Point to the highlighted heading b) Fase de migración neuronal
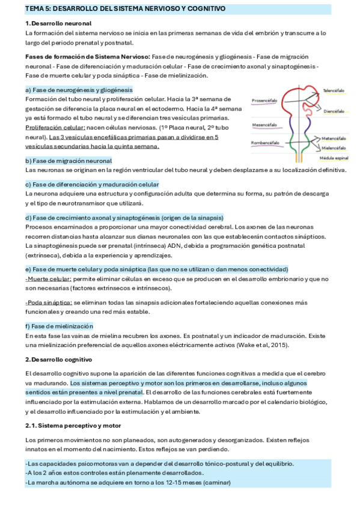[69, 161]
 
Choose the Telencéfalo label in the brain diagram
[334, 91]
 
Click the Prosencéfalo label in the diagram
[264, 100]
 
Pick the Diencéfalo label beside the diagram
[334, 111]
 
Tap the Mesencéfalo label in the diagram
[264, 124]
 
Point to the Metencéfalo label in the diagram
[334, 138]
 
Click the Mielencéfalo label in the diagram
[334, 147]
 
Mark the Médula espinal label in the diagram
[334, 158]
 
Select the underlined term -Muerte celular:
[48, 278]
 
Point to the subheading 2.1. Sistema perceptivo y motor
[73, 426]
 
